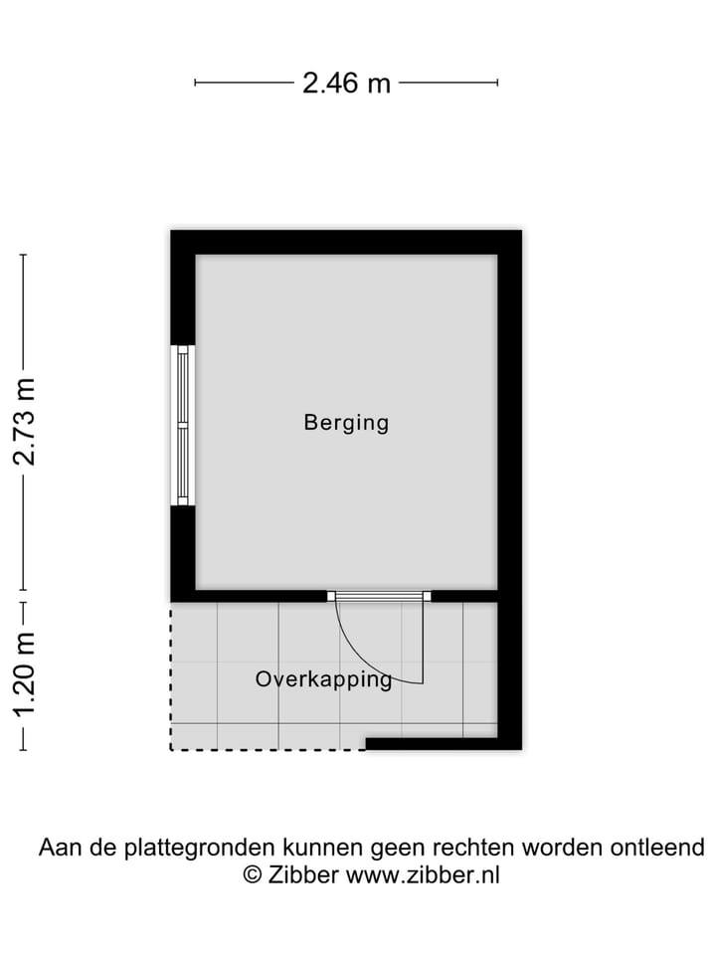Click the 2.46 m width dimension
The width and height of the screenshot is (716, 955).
point(346,83)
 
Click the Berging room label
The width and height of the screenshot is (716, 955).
point(346,423)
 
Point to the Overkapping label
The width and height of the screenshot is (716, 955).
point(324,679)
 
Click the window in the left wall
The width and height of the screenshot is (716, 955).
point(182,425)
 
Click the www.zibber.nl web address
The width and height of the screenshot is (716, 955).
point(424,875)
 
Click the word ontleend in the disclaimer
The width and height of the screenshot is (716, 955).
point(658,849)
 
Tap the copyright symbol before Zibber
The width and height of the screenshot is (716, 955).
point(253,875)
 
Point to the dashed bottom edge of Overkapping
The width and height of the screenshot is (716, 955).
point(268,749)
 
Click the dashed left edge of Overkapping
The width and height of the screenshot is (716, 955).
point(171,676)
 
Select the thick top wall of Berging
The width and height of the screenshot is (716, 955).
point(346,242)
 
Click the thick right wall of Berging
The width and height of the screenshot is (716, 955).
point(509,418)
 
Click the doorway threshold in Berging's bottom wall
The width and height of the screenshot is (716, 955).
point(379,596)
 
